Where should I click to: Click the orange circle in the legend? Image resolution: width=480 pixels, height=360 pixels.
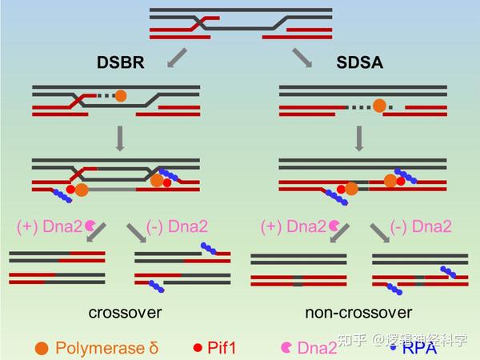point(42,348)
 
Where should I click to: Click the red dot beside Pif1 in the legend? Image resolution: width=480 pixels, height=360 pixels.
point(198,348)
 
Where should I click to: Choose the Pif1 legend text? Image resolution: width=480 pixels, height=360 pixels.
point(223,348)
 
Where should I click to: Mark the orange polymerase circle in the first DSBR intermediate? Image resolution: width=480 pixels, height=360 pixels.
point(121,96)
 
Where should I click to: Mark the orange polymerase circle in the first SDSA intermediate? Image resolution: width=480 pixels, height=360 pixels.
point(379,105)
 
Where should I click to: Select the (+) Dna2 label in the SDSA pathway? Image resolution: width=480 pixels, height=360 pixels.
point(294,226)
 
